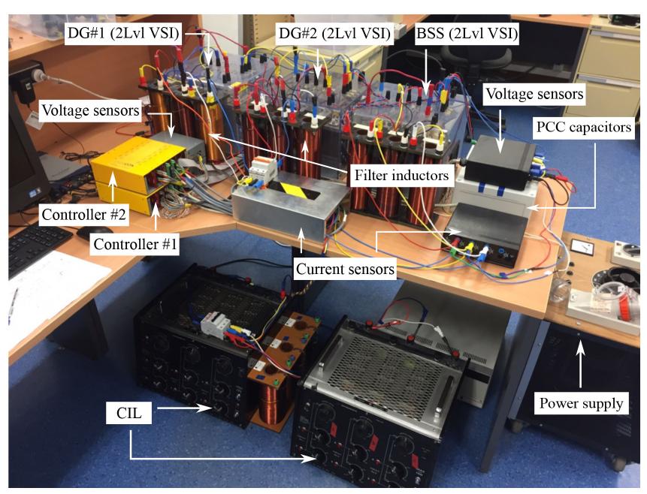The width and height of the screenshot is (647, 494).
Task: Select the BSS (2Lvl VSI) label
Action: (468, 34)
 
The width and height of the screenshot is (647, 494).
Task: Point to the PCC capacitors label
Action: (584, 128)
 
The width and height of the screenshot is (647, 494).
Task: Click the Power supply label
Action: (581, 403)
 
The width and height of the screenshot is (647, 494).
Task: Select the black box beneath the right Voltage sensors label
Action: (500, 159)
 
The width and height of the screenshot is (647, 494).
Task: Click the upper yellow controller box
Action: (135, 161)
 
